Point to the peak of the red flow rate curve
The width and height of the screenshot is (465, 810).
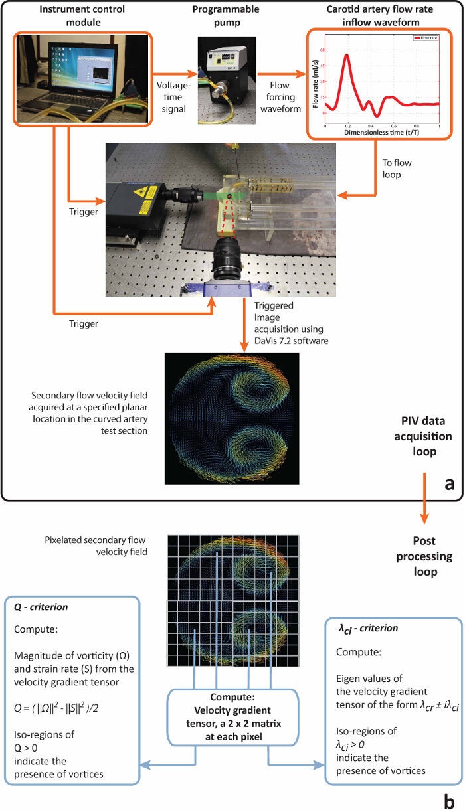(x=347, y=55)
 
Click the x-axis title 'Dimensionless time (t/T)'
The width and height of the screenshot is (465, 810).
(x=382, y=133)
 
